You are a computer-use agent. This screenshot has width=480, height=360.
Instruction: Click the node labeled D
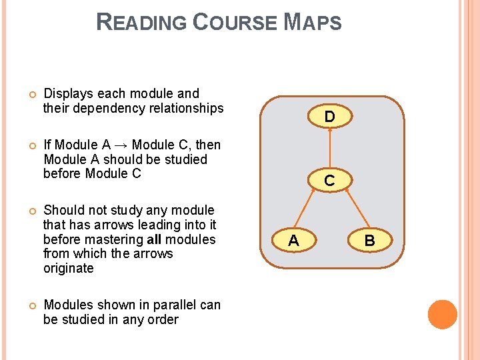pyautogui.click(x=329, y=117)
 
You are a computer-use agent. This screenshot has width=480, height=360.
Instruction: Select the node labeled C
pyautogui.click(x=329, y=180)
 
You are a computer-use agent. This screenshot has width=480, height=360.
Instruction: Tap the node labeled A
pyautogui.click(x=293, y=241)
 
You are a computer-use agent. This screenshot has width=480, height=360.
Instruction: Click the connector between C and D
pyautogui.click(x=329, y=148)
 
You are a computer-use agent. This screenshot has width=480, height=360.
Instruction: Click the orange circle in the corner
pyautogui.click(x=442, y=315)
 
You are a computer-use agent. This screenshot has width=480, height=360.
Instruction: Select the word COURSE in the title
pyautogui.click(x=234, y=23)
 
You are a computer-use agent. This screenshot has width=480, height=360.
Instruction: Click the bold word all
pyautogui.click(x=154, y=239)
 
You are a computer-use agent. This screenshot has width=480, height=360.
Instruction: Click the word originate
pyautogui.click(x=68, y=269)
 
